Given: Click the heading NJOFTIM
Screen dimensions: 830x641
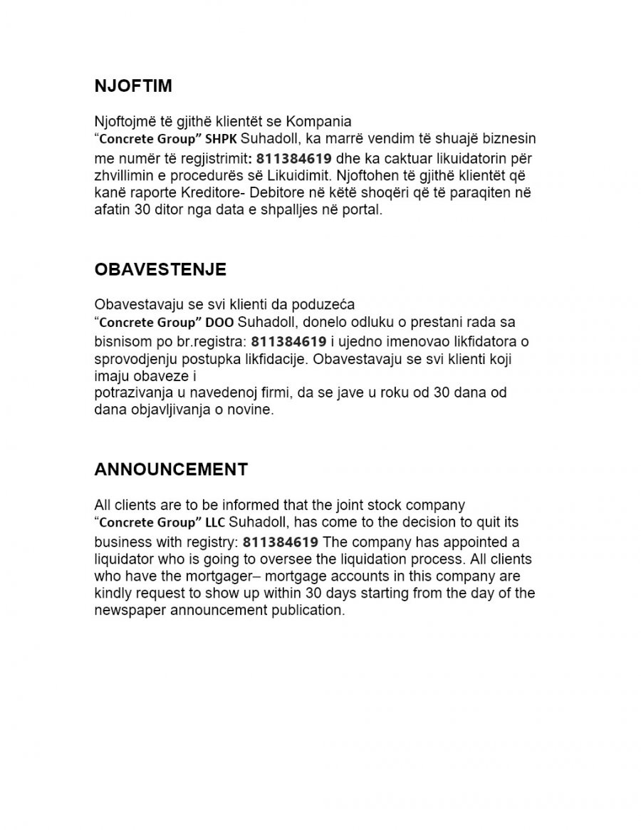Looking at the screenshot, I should point(133,86).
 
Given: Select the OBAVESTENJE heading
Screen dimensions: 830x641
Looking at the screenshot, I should point(160,269).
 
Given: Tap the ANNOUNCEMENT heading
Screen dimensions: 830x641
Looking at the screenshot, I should point(171,470).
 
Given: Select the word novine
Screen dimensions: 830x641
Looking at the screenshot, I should point(254,410).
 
